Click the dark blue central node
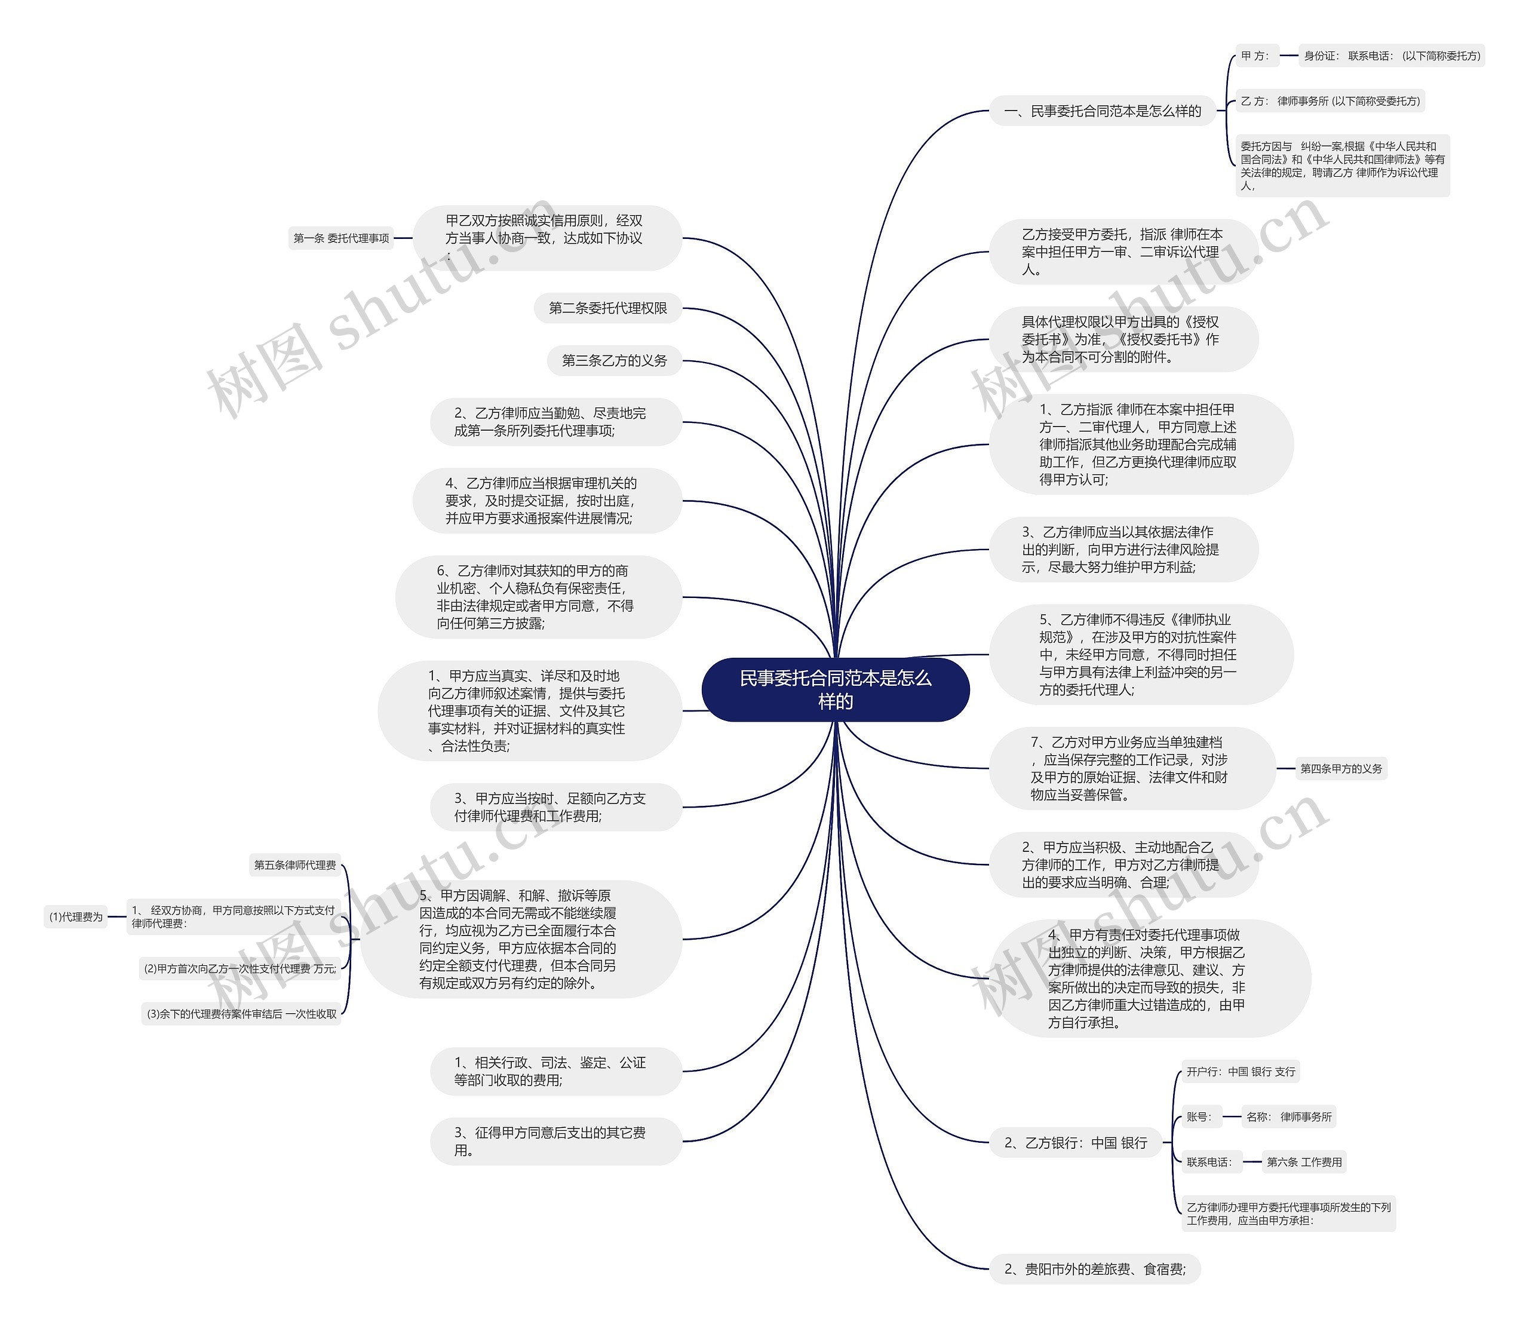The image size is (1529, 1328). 835,689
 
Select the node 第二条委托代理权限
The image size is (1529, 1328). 607,308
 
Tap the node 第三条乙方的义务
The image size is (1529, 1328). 614,361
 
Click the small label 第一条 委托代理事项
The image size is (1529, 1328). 341,238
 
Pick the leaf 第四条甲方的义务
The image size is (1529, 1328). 1341,768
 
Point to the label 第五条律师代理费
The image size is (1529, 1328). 295,865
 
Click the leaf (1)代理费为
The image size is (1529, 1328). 76,917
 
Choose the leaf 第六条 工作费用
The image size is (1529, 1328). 1304,1162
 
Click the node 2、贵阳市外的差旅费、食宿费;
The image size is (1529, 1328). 1094,1269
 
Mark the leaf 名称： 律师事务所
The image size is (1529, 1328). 1289,1117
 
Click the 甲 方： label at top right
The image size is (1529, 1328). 1255,56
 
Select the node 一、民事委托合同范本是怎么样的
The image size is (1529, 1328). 1103,111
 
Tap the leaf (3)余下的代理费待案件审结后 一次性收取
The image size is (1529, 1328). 241,1014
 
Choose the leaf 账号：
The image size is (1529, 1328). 1199,1117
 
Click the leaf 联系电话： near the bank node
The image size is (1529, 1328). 1209,1162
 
